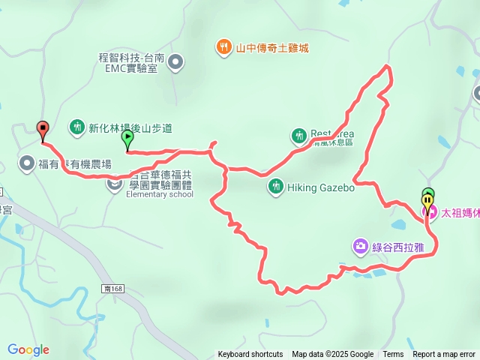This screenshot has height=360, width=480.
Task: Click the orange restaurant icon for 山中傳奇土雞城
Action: point(224,48)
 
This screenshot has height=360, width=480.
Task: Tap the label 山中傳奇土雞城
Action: point(272,48)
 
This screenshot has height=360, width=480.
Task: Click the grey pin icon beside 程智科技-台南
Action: point(175,62)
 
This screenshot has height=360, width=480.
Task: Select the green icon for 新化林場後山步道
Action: point(77,127)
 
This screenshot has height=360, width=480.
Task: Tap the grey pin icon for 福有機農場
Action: point(27,163)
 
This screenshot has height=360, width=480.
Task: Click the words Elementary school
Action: point(160,194)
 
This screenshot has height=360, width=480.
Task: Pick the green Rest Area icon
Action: point(298,135)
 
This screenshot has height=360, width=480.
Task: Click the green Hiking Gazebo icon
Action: point(276,184)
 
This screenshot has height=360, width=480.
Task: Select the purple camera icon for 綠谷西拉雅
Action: point(361,246)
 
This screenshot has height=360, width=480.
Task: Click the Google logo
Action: point(28,349)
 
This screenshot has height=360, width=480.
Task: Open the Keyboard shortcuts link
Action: point(250,355)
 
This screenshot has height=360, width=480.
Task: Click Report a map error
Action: point(444,355)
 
